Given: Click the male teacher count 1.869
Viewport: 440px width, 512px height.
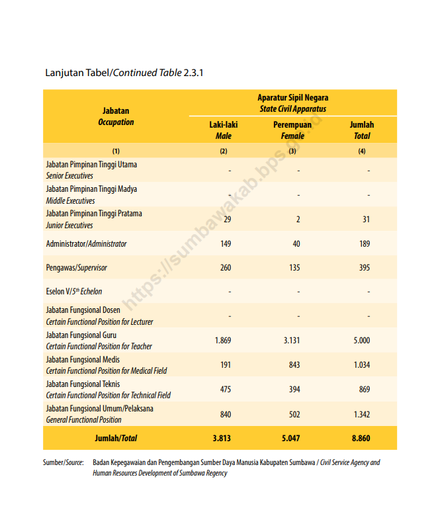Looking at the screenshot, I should point(222,341).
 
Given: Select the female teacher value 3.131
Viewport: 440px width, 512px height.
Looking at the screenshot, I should point(292,341).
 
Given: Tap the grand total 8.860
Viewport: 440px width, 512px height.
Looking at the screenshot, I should point(361,439).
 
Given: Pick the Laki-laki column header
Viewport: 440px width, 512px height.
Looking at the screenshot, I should point(223,124).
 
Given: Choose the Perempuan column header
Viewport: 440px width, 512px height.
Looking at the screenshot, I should point(292,124).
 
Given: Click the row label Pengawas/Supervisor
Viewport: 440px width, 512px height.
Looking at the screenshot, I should point(77,268).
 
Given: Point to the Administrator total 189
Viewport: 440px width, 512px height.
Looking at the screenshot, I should point(365,243).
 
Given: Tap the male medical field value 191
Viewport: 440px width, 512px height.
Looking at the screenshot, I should point(226,365).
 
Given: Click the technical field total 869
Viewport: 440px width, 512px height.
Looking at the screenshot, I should point(365,390).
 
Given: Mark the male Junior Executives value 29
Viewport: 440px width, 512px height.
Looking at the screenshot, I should point(228,219).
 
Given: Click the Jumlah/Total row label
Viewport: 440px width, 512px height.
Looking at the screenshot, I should point(116,439).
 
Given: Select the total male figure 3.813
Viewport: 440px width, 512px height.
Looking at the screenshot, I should point(222,439).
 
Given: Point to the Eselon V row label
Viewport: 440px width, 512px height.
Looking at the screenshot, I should point(74,292).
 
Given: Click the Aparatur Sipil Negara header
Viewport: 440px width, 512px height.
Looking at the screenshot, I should point(292,97).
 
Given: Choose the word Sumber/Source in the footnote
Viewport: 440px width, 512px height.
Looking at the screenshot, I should point(64,462).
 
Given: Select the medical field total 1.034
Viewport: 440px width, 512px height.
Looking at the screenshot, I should point(362,365).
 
